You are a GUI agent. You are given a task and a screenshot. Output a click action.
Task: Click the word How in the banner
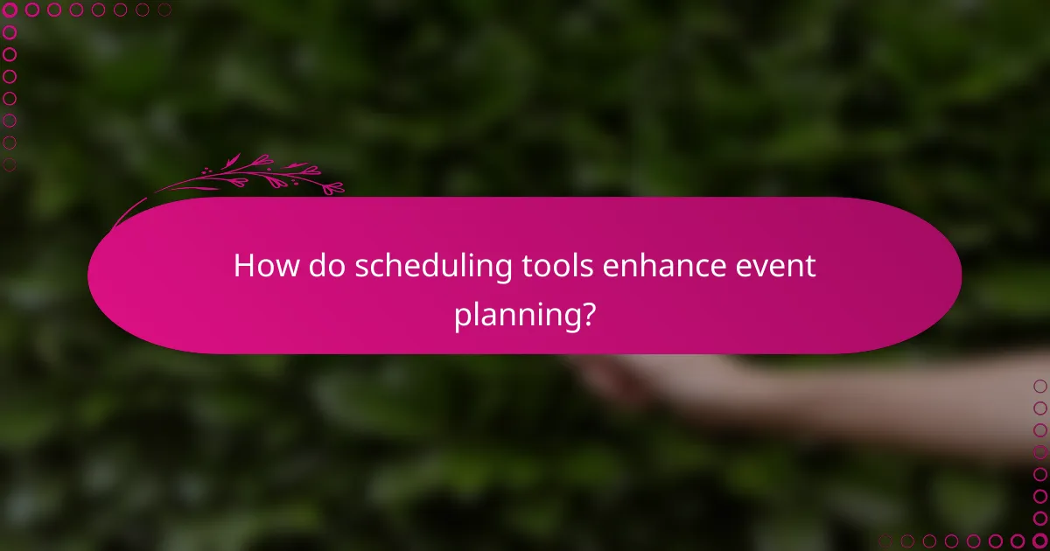pos(261,266)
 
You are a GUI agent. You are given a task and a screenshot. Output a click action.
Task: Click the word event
pos(778,266)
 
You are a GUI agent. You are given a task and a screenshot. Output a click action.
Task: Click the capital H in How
pos(242,266)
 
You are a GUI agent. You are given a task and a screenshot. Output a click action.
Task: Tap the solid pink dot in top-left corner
pos(10,10)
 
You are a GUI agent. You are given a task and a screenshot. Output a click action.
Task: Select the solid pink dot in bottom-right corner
pos(1039,541)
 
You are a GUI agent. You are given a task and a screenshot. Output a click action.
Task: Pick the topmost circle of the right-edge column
pos(1039,386)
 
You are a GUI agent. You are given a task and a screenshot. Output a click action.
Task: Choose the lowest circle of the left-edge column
pos(10,164)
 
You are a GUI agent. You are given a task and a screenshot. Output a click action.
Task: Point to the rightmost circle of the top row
pos(164,10)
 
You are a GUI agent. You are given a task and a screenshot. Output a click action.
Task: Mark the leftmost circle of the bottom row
pos(885,541)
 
